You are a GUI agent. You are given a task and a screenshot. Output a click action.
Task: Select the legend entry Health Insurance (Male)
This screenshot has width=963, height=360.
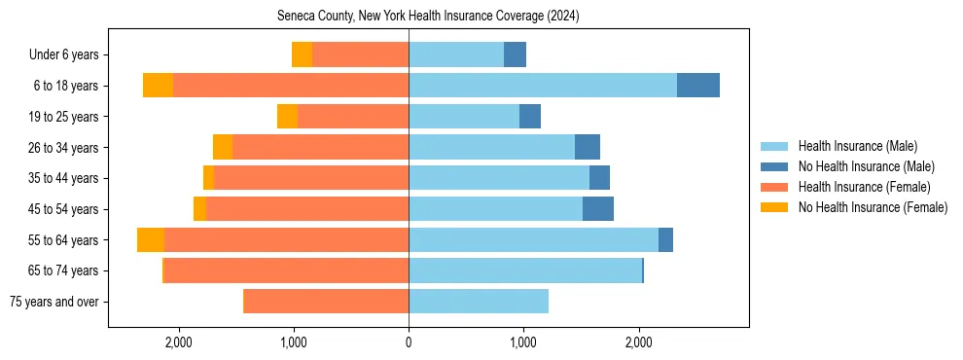[x=856, y=146]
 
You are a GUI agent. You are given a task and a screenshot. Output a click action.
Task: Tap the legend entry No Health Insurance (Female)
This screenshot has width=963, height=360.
[x=872, y=207]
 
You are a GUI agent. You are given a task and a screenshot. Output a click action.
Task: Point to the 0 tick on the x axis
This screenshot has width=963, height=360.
[x=409, y=342]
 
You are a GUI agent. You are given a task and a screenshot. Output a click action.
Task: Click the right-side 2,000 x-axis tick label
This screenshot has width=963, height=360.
[x=638, y=342]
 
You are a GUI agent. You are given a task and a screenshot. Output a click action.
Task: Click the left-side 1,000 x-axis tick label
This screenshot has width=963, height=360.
[x=294, y=342]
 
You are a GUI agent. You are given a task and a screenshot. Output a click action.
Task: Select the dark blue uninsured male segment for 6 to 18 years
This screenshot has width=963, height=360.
[x=698, y=86]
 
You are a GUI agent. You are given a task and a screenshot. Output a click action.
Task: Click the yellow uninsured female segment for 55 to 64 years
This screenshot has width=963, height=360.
[x=151, y=240]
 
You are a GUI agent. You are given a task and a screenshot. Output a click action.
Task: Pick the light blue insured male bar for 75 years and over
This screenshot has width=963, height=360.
[x=479, y=302]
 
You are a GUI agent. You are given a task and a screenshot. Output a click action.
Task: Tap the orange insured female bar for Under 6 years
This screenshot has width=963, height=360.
[x=360, y=54]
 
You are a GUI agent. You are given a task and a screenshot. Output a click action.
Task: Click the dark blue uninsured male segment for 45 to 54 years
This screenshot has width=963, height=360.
[x=598, y=209]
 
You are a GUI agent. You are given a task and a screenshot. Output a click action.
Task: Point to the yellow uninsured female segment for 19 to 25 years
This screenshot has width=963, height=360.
[x=287, y=117]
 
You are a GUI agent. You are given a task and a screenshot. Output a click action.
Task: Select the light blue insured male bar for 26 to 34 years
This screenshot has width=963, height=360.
[x=491, y=148]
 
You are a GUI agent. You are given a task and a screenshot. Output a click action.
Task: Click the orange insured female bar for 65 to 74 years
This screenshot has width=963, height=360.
[x=286, y=270]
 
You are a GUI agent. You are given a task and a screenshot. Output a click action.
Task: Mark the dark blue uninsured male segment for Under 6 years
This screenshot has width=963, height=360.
[x=515, y=54]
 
